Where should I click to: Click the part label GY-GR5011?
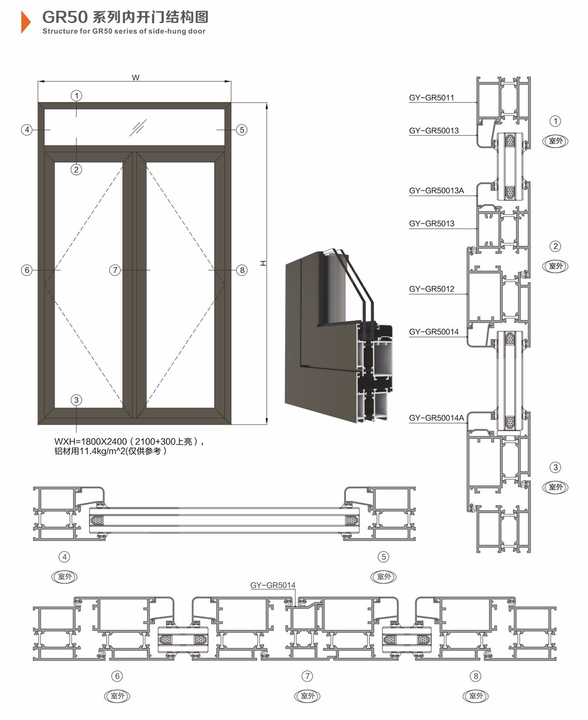431,98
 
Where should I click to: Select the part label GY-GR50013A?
437,191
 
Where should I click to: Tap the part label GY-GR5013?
431,223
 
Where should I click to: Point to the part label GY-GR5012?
431,289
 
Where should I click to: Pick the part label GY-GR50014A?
437,418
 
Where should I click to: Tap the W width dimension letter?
135,77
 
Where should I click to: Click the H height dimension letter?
263,263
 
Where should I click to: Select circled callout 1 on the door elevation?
76,96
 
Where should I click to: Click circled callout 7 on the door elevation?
115,270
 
